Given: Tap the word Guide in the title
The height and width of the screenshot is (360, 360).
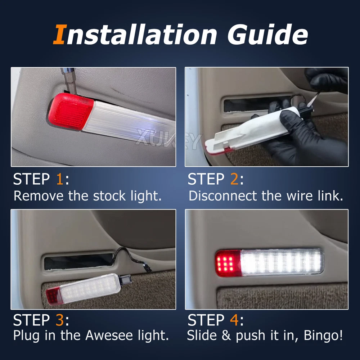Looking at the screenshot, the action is click(267, 35).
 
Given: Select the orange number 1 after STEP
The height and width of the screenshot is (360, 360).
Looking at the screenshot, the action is click(59, 179).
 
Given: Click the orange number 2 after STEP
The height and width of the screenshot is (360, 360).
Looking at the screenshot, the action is click(234, 179).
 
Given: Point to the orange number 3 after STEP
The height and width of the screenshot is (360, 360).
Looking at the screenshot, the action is click(60, 320).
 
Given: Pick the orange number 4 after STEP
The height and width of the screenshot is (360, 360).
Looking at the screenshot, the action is click(234, 320).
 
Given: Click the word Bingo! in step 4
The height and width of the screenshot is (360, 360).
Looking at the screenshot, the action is click(323, 336).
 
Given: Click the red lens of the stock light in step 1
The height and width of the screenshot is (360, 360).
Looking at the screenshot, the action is click(71, 112).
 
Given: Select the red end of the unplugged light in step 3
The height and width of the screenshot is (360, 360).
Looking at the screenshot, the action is click(53, 296).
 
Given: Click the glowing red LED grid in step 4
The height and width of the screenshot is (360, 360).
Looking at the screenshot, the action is click(225, 264).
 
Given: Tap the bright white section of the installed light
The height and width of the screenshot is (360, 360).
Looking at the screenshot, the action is click(282, 262).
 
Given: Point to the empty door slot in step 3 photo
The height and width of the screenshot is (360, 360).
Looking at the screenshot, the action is click(78, 262).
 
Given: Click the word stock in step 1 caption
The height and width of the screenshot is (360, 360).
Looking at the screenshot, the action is click(109, 196).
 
